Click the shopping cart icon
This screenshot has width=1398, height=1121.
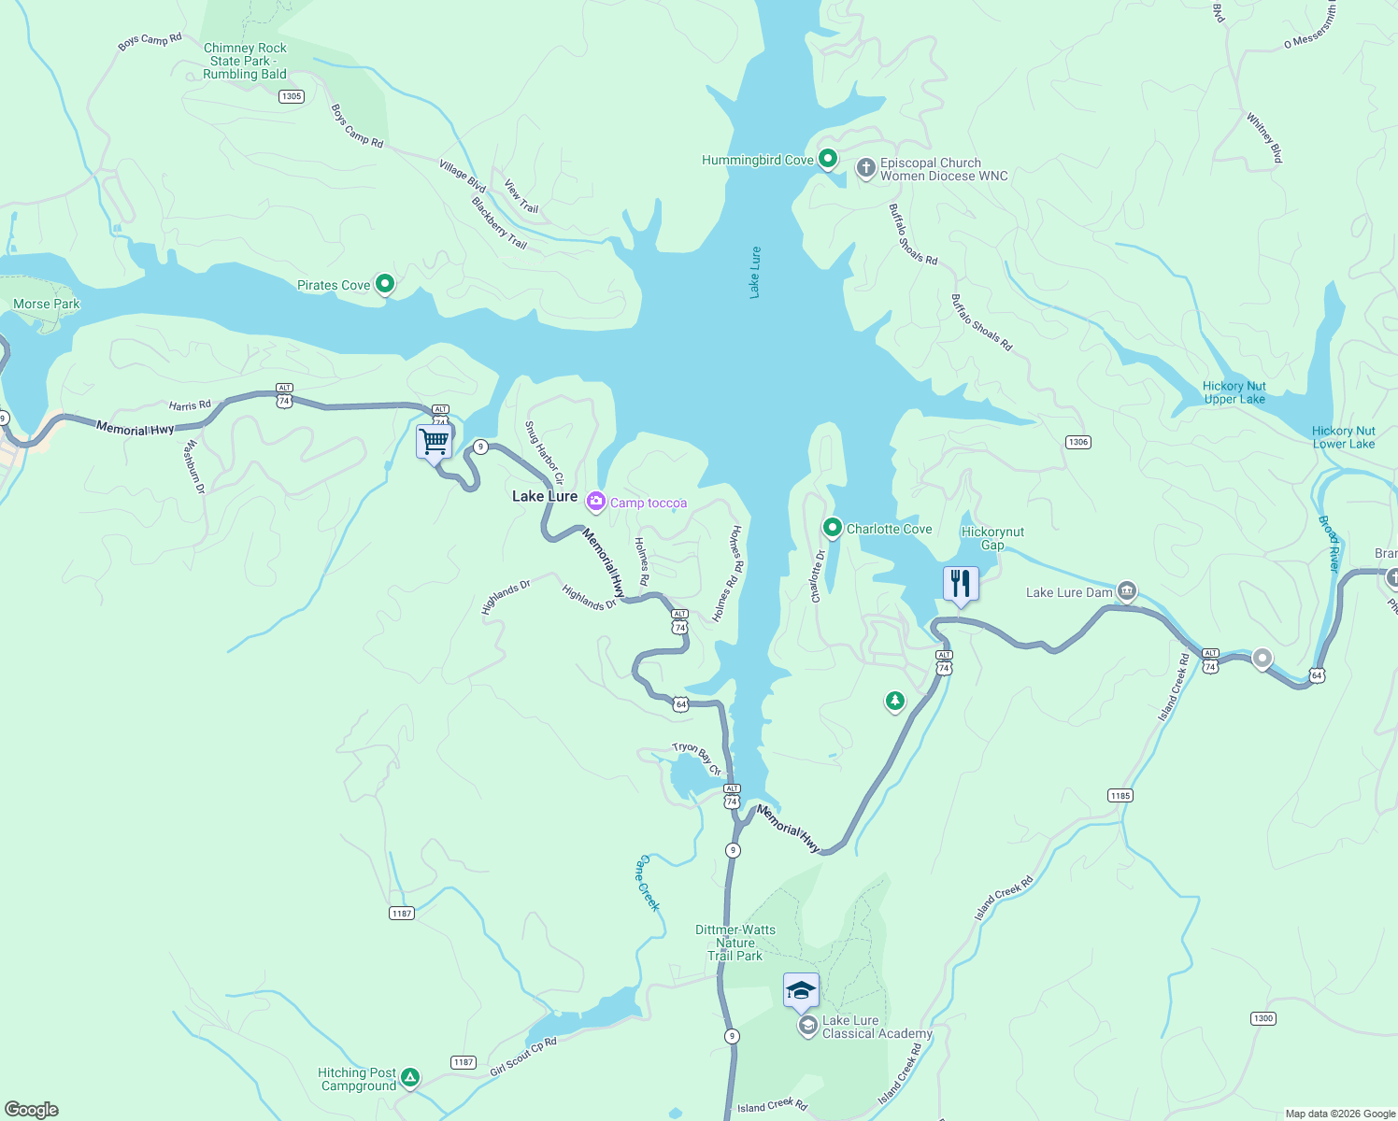[435, 441]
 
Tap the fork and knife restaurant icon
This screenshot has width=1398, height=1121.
[961, 584]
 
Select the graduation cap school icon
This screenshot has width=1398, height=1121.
[801, 990]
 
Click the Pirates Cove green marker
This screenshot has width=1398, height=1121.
[384, 284]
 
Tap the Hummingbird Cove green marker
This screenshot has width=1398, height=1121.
[827, 159]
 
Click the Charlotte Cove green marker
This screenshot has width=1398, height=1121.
[832, 528]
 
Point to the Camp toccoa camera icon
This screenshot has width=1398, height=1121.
[595, 503]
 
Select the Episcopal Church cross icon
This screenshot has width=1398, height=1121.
[865, 168]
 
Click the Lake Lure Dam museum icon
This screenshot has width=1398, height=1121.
[1127, 591]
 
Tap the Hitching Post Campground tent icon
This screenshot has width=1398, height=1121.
[409, 1078]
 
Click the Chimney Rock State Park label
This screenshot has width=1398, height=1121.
[245, 61]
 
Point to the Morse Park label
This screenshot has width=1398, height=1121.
[47, 304]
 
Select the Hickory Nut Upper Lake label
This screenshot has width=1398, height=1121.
[1234, 392]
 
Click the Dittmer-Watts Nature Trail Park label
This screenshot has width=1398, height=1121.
[735, 943]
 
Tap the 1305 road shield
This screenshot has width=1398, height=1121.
[292, 96]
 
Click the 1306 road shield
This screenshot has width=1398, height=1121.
[1078, 442]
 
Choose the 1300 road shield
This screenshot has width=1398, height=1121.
[1262, 1018]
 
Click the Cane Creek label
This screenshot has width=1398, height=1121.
[648, 883]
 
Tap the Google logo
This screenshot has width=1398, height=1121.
[32, 1110]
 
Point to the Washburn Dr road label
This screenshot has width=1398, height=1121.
[195, 466]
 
